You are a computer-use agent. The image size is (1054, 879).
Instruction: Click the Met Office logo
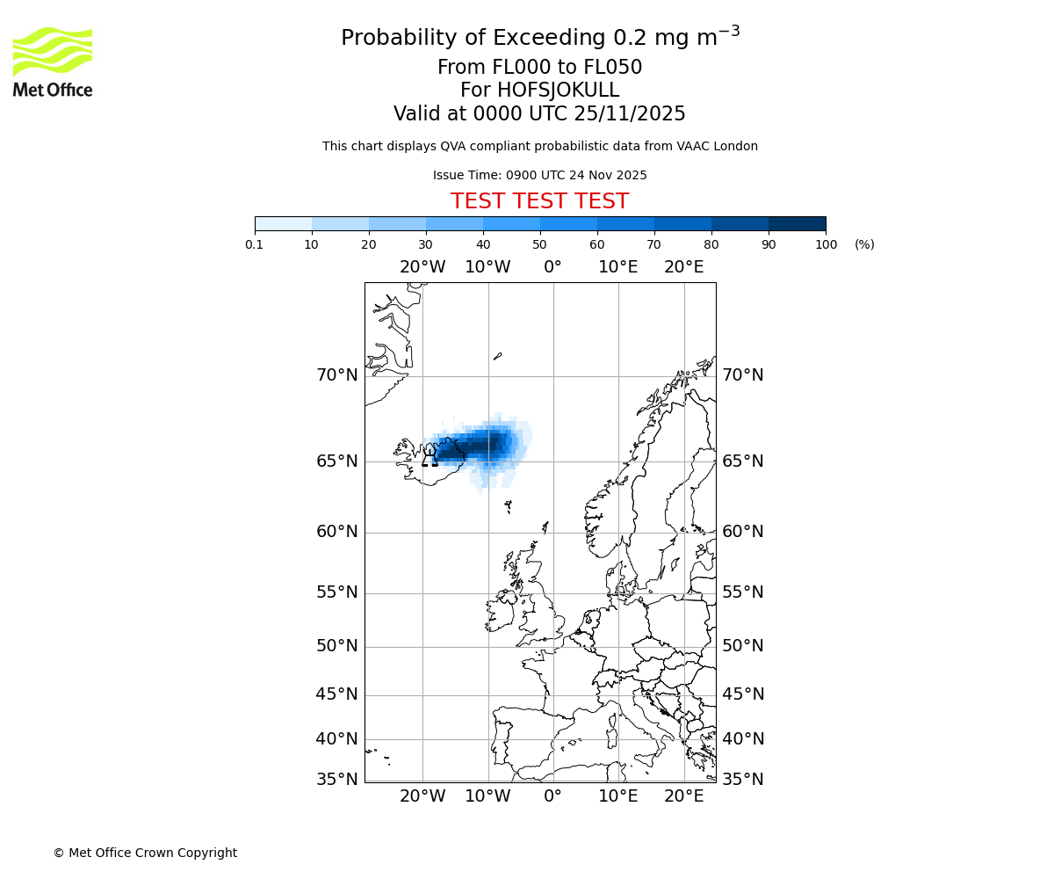53,62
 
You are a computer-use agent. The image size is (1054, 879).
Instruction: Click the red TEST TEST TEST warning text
539,201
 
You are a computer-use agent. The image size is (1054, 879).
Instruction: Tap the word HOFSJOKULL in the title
558,91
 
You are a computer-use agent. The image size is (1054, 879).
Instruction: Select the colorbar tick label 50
539,244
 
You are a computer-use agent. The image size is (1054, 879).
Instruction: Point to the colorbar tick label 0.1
255,244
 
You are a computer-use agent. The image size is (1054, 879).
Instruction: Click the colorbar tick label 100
826,244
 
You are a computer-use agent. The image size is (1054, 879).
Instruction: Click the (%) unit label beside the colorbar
864,244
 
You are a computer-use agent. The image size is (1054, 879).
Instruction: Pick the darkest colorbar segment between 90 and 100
797,223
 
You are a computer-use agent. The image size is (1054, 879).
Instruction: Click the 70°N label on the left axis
337,375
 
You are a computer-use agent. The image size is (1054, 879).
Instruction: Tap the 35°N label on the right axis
742,779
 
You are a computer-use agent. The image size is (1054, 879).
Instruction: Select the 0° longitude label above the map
552,267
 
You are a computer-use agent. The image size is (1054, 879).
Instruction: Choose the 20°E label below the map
683,796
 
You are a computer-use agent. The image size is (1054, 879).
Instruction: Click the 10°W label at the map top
487,267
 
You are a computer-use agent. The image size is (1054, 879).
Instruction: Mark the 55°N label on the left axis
337,592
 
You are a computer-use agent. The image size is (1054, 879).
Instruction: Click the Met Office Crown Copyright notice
145,853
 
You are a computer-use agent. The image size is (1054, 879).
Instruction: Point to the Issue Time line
539,175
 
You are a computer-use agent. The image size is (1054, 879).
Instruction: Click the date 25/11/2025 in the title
630,113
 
